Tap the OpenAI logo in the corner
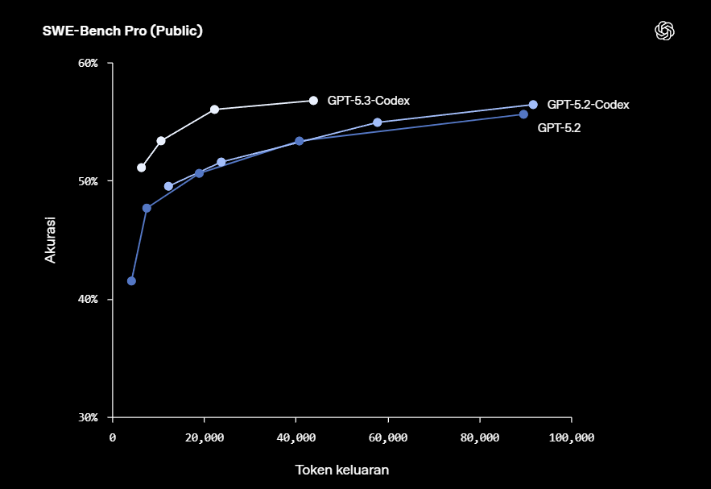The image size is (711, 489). pos(664,31)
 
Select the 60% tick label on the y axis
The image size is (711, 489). pos(86,63)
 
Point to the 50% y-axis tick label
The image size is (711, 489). pos(86,181)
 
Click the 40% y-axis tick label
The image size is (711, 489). pos(86,300)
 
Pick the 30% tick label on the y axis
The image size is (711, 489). pos(86,417)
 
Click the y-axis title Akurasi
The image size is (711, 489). pos(50,239)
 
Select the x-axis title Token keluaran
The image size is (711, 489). pos(342,470)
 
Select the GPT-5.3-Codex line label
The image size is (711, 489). pos(369,101)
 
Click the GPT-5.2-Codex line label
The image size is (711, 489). pos(588,105)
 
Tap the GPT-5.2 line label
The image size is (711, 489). pos(559,127)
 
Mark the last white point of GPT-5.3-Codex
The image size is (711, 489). pos(313,101)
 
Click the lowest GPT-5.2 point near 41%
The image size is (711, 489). pos(131,281)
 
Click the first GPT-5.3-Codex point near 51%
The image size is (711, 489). pos(142,168)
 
